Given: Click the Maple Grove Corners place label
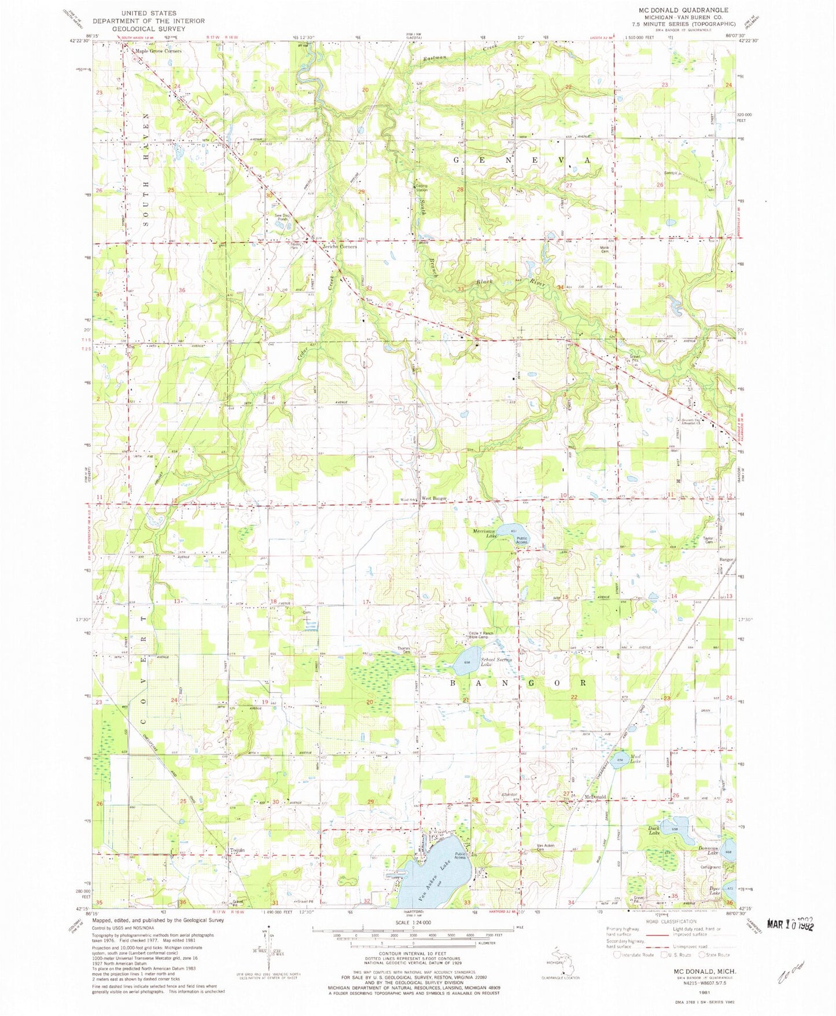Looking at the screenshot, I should pos(158,51).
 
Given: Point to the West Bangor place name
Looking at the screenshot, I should pos(434,498).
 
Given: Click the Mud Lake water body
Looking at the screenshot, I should pos(620,760).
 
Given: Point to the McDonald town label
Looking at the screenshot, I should pos(595,797).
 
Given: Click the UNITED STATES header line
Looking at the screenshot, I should pos(149,13).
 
